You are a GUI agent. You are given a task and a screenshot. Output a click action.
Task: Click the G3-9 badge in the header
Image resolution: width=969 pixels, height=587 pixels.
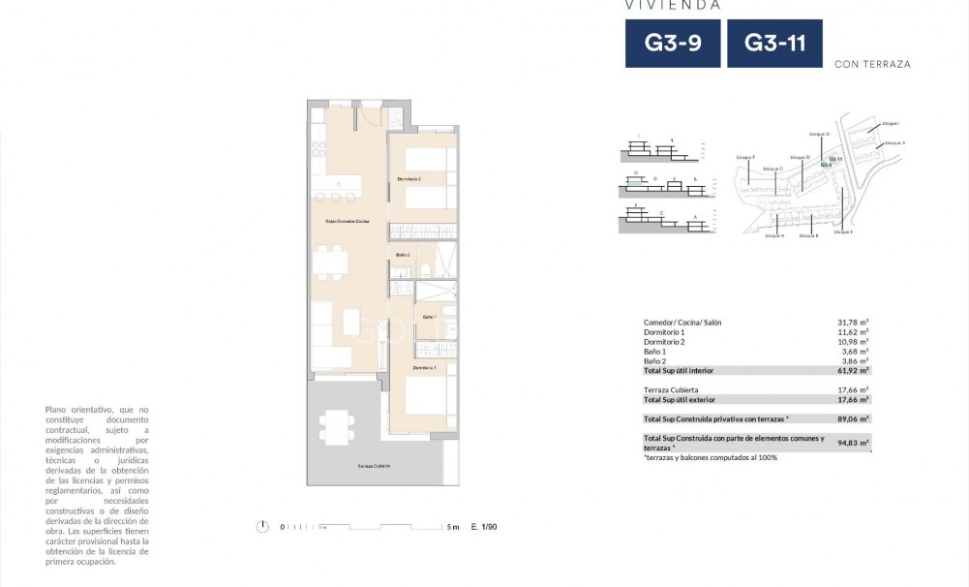(672, 44)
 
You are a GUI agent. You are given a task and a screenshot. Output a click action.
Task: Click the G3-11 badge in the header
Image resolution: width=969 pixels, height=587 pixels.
(774, 44)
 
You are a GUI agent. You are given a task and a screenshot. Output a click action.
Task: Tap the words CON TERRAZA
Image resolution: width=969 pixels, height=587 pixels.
(872, 65)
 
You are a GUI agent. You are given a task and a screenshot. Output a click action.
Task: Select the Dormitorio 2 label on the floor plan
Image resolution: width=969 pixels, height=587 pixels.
(409, 179)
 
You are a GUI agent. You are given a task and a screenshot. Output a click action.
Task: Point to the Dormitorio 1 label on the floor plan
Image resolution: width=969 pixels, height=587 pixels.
(424, 368)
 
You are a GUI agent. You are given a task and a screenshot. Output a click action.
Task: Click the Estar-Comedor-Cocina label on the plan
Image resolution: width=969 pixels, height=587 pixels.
(347, 222)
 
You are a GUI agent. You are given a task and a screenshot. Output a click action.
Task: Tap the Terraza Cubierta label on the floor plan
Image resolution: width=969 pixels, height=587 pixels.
(374, 466)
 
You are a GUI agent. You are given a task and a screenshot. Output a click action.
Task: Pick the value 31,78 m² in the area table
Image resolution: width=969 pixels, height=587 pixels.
(852, 323)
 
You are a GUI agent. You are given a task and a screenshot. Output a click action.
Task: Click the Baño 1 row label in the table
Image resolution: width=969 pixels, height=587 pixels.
(654, 352)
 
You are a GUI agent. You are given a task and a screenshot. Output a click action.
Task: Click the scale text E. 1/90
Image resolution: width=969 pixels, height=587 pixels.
(483, 527)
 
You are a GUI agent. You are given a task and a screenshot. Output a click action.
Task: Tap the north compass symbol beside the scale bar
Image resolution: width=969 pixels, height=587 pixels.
(262, 526)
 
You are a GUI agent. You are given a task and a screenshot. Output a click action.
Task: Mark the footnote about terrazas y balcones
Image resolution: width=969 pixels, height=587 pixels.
(710, 457)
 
